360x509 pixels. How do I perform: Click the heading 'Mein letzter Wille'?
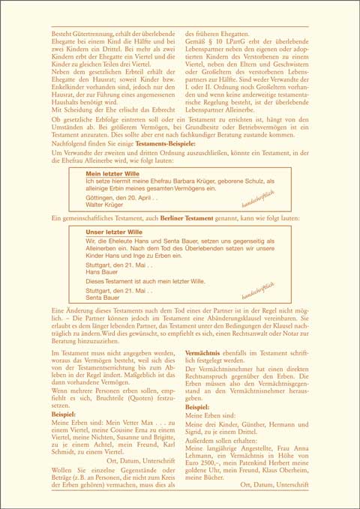click(x=112, y=173)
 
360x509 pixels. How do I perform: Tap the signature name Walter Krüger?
click(x=104, y=204)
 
